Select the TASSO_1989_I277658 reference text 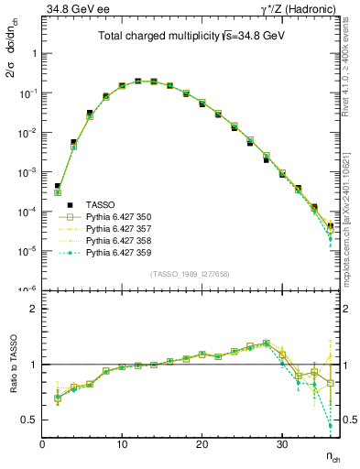tap(191, 273)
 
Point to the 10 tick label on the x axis tap(122, 444)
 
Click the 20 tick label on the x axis tap(202, 444)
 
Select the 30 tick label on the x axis tap(282, 444)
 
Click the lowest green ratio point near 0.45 tap(330, 426)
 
